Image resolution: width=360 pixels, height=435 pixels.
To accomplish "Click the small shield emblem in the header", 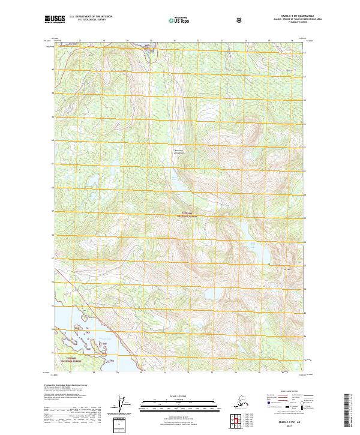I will (x=240, y=20).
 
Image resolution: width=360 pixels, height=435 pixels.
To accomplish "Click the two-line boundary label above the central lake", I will (x=181, y=151).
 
